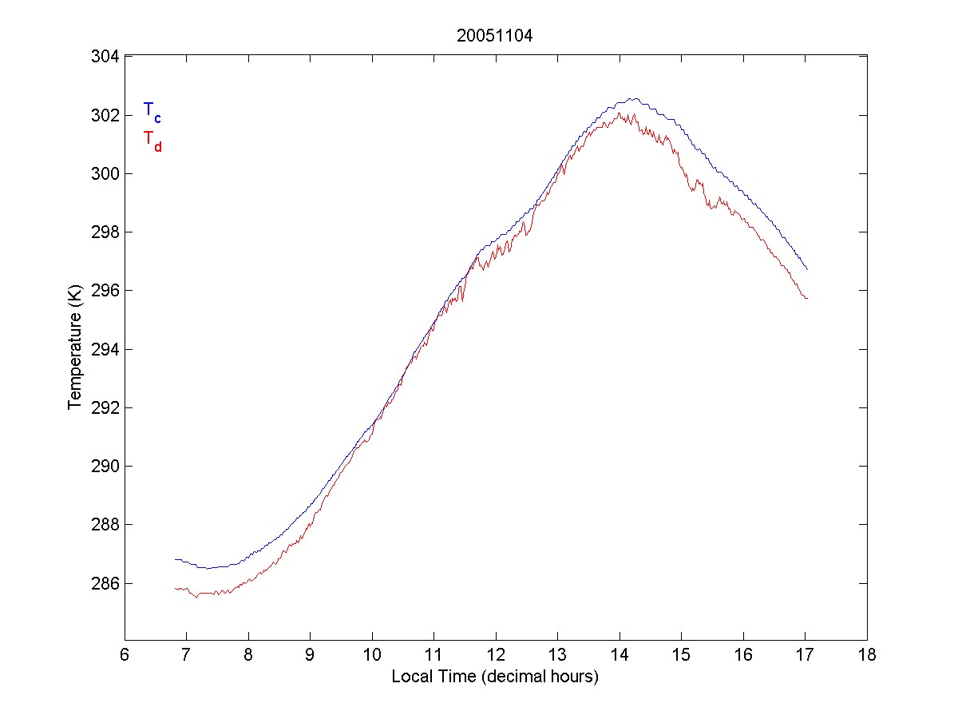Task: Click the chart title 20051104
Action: pyautogui.click(x=494, y=36)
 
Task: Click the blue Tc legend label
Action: pyautogui.click(x=152, y=112)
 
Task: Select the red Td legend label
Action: pyautogui.click(x=152, y=141)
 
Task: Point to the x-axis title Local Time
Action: pyautogui.click(x=494, y=677)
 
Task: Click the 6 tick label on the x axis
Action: pyautogui.click(x=125, y=655)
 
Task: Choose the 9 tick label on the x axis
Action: pyautogui.click(x=310, y=655)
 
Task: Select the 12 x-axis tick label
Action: pyautogui.click(x=496, y=655)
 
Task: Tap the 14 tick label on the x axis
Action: pyautogui.click(x=620, y=655)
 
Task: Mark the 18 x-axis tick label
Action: pyautogui.click(x=867, y=655)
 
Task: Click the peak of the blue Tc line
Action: pyautogui.click(x=633, y=98)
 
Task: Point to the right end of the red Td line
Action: pyautogui.click(x=807, y=298)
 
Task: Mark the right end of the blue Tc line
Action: pyautogui.click(x=807, y=269)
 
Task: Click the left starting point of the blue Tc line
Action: pyautogui.click(x=175, y=559)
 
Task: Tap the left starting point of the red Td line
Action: pyautogui.click(x=175, y=589)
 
